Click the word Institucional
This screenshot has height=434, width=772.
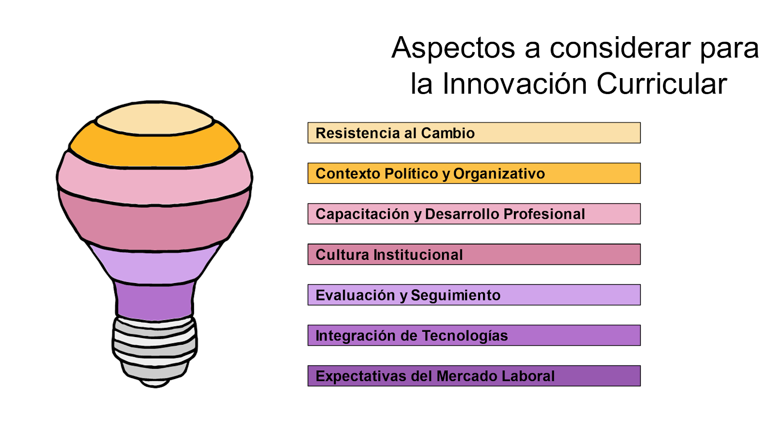[418, 255]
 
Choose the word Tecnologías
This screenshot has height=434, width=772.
[465, 336]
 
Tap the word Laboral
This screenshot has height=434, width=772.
[528, 376]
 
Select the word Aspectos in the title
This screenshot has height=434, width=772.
[453, 48]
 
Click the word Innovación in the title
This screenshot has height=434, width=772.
[514, 84]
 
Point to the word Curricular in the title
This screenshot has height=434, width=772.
[662, 84]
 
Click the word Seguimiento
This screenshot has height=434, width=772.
[455, 295]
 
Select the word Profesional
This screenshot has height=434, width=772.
[545, 214]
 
